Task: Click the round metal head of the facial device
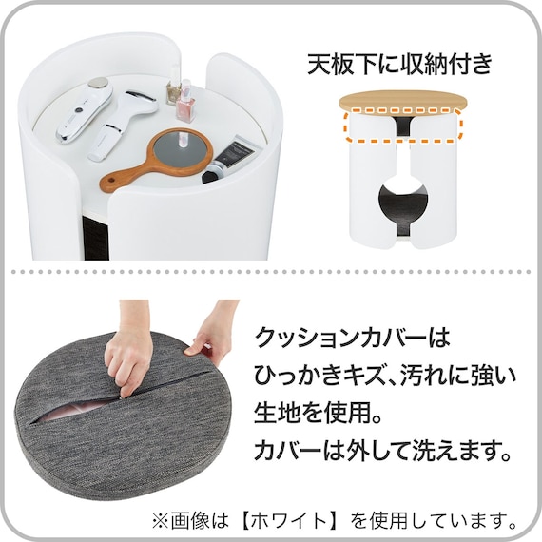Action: pyautogui.click(x=99, y=83)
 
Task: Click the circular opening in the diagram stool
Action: pyautogui.click(x=403, y=203)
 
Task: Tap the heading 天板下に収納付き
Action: pyautogui.click(x=399, y=64)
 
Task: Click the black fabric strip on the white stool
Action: pyautogui.click(x=96, y=237)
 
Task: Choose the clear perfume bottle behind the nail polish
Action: pyautogui.click(x=174, y=90)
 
